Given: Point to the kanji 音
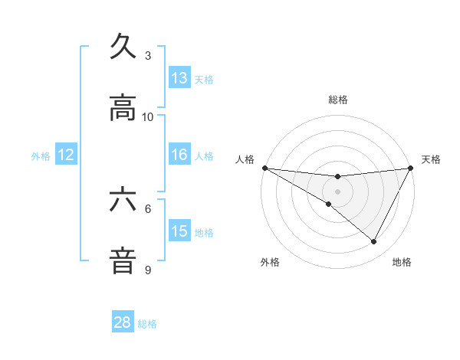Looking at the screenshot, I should coord(123,260).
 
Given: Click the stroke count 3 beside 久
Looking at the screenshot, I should coord(148,56).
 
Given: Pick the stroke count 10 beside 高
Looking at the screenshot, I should coord(148,116).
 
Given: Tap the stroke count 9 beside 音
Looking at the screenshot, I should coord(148,270).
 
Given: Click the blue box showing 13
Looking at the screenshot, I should coord(179,78).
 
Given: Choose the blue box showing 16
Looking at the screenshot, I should coord(179,155).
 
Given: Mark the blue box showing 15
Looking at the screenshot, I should coord(179,231).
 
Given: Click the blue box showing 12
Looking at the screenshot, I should coord(66,155).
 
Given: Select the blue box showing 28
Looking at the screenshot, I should coord(123,322).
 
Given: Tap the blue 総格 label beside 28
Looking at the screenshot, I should coord(147,324).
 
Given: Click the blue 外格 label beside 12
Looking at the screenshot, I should coord(41,156).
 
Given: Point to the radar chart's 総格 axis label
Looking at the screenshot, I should coord(338,100).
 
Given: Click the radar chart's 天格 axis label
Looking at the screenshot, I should coord(432,159).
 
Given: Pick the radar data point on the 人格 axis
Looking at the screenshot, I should coord(264,168).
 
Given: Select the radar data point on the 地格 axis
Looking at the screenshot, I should coord(374,242).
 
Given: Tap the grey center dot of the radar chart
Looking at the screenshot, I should coord(338,191).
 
